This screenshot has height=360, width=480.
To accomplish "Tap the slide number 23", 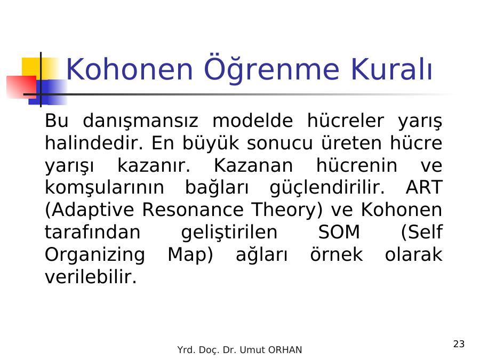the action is coord(459,344).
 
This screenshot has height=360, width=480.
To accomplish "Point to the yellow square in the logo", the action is coord(40,69).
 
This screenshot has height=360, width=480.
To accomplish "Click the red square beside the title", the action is coord(21,87).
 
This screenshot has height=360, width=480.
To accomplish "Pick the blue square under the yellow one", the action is coord(48,92).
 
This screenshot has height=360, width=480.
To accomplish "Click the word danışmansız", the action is coord(140,121).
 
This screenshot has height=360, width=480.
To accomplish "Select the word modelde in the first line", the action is coord(253,121).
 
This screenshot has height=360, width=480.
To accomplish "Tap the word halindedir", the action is coord(94,142).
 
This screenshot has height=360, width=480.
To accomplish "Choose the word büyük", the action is coord(211,143).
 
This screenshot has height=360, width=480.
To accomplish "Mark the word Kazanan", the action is coord(253,165).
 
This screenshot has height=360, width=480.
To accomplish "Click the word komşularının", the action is coord(105,188).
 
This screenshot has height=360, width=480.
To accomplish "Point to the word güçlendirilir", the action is coord(327,188).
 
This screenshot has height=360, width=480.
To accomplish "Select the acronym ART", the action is coord(424,187).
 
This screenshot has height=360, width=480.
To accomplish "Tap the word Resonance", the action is coord(193,210).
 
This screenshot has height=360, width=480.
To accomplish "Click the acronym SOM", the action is coord(339,232).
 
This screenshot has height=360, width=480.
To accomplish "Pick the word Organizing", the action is coord(95,255).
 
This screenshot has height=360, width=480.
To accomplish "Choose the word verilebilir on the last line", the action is coord(91,277).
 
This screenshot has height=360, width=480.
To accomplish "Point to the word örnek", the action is coord(337,254).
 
